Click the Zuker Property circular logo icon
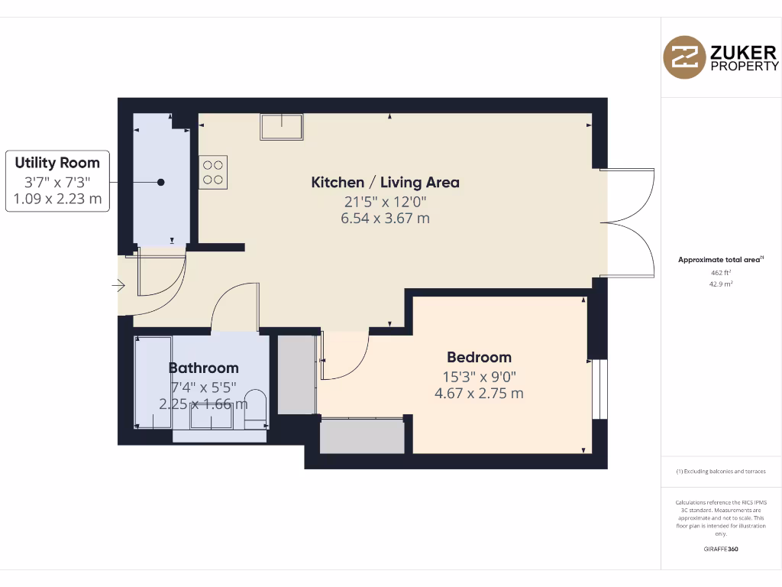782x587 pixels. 683,57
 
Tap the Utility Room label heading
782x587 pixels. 57,163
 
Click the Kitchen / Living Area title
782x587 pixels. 385,182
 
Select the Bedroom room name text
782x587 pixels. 479,357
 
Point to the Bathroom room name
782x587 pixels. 203,368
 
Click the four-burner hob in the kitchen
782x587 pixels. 213,172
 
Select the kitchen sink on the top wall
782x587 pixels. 281,126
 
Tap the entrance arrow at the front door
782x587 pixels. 118,286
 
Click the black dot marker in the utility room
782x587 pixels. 161,182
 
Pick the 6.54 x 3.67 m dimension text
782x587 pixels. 385,219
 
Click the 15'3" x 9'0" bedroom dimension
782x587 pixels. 479,376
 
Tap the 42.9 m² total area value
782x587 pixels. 721,284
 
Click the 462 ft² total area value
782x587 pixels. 721,272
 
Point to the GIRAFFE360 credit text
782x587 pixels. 721,549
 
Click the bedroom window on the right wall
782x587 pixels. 600,390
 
